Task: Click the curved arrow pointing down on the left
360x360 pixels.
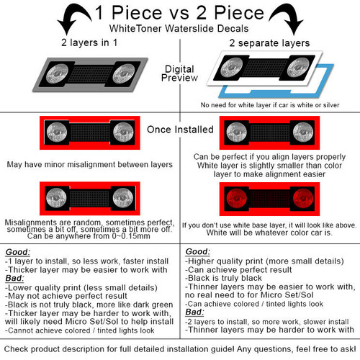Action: [72, 17]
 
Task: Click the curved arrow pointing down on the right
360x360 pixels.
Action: [288, 17]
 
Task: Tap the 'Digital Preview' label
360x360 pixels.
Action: [179, 73]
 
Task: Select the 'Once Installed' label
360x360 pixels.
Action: [180, 130]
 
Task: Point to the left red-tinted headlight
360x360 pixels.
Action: [236, 199]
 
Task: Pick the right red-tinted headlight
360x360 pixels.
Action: [303, 199]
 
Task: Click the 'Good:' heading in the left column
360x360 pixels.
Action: [18, 252]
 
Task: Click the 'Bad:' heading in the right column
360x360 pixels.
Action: [194, 312]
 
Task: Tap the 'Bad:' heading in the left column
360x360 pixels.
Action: [14, 278]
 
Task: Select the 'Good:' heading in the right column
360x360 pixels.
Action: [198, 251]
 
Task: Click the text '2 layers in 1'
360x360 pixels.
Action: [89, 42]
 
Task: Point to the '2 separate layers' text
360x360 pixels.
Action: [269, 43]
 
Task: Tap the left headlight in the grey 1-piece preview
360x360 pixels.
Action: [57, 73]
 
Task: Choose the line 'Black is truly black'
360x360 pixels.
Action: [224, 278]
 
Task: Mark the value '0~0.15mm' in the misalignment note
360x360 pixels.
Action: [131, 236]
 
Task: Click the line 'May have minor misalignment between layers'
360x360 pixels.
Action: [90, 165]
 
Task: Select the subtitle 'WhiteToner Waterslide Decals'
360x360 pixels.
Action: [179, 29]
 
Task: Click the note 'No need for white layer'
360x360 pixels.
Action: [270, 105]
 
